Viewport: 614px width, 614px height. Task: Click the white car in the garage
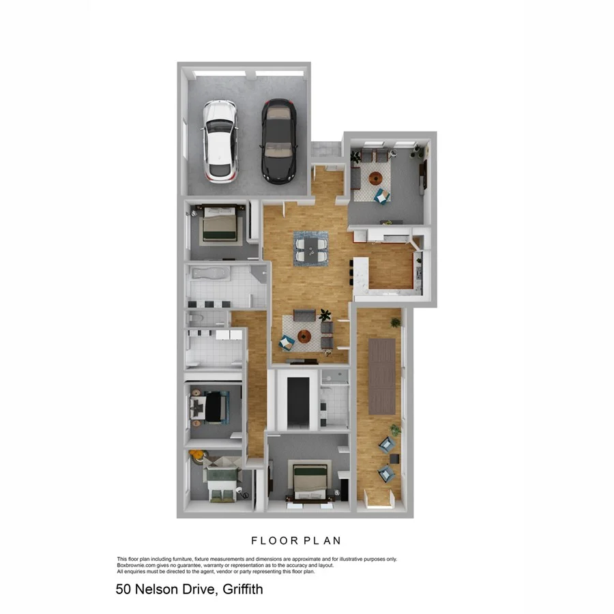coord(220,141)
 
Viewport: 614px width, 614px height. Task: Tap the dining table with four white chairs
coord(310,248)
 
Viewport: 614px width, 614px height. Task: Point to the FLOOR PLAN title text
coord(296,541)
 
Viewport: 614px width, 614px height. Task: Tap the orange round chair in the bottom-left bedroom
coord(197,454)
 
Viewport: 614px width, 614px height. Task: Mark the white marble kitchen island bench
coord(360,272)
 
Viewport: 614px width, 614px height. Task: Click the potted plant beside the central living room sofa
coord(325,315)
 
